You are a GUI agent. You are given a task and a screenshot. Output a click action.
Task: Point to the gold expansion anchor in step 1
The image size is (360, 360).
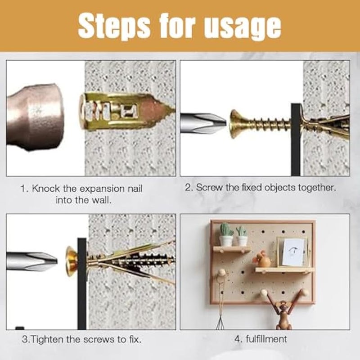(121, 111)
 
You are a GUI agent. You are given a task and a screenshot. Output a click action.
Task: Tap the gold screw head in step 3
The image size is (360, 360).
(71, 261)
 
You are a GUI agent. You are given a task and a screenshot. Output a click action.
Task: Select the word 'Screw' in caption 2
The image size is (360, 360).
(210, 188)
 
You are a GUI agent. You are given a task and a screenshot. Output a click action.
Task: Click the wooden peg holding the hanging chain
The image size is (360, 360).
(221, 273)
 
